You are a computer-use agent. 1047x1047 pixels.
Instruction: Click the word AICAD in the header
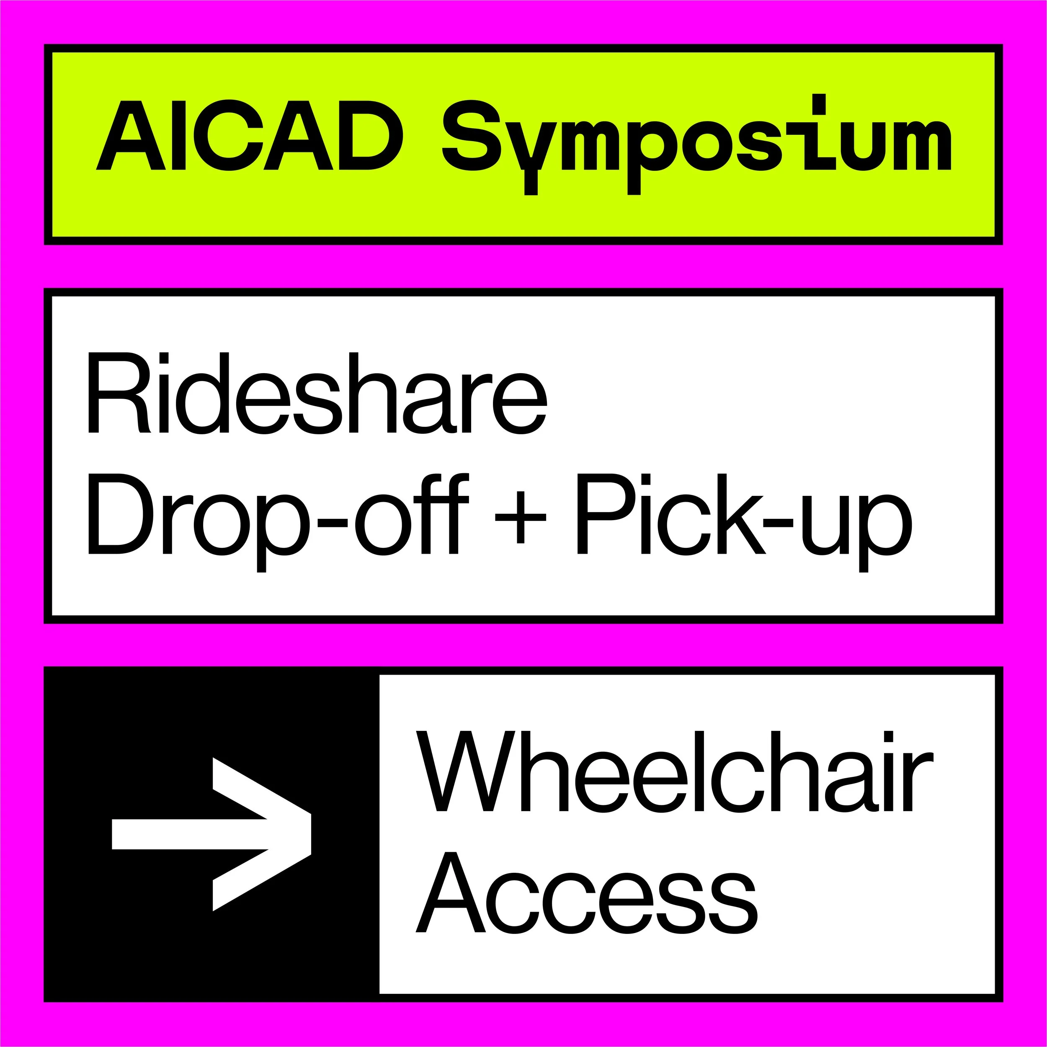click(249, 135)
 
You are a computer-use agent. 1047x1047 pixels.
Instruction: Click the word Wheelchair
click(674, 772)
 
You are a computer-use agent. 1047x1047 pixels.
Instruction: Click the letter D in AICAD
click(371, 135)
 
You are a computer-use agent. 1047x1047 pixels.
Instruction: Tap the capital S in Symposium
click(472, 135)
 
